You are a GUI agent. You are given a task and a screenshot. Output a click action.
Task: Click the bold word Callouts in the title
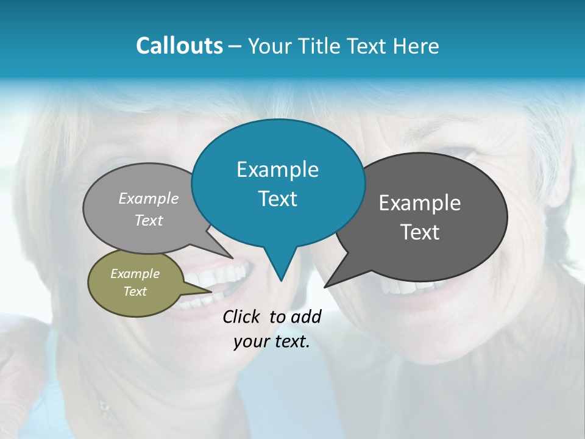(x=179, y=46)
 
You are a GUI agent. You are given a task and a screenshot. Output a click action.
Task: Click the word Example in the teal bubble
(x=277, y=170)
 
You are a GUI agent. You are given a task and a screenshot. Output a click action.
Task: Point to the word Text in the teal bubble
(x=277, y=199)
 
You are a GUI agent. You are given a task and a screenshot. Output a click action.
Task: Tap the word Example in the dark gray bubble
(x=420, y=203)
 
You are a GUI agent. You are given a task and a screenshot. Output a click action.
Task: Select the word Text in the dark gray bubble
(x=420, y=232)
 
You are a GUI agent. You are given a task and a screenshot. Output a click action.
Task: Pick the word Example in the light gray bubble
(x=149, y=198)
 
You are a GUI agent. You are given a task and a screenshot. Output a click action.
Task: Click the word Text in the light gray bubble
(x=149, y=220)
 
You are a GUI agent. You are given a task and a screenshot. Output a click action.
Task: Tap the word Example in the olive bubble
(x=135, y=274)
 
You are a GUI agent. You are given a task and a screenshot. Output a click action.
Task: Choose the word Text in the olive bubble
(x=135, y=291)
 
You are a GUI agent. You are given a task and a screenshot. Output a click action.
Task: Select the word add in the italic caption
(x=305, y=316)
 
